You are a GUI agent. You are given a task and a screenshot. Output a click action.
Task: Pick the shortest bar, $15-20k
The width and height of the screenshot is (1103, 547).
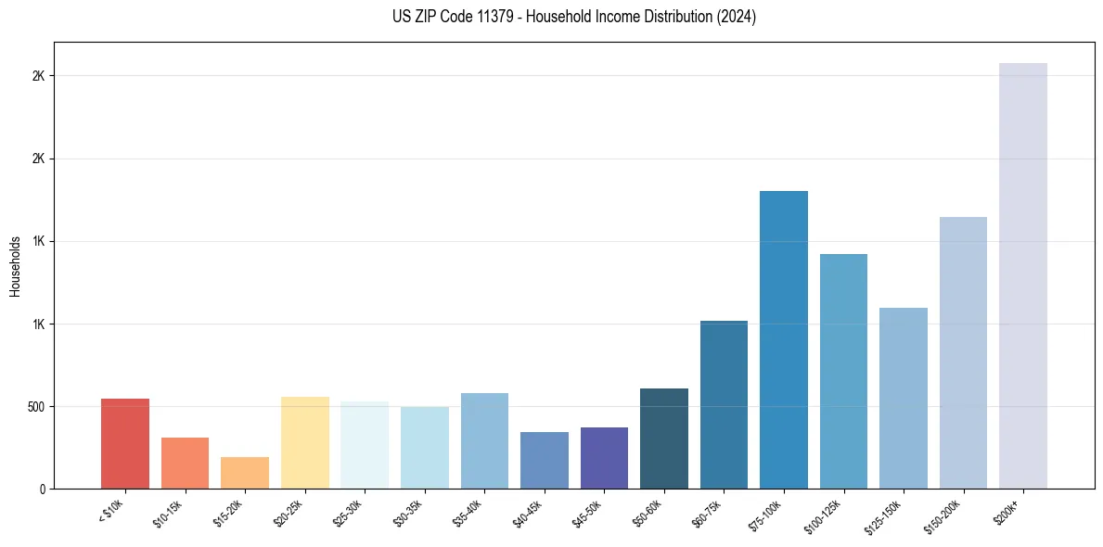coord(245,473)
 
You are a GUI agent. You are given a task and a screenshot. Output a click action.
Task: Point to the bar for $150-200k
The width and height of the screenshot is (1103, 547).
coord(963,352)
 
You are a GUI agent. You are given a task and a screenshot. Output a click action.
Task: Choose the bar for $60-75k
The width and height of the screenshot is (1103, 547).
coord(724,404)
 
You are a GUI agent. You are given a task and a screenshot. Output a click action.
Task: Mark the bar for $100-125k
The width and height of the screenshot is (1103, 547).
coord(843,371)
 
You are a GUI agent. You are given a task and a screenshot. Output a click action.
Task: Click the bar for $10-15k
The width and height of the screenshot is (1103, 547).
coord(185,463)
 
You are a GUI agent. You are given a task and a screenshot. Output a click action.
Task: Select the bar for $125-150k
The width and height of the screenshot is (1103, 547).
coord(903,398)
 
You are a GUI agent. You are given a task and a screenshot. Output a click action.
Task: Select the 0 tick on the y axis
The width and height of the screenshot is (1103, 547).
coord(43,489)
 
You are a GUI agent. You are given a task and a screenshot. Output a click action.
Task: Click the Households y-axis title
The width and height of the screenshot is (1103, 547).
coord(16,266)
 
